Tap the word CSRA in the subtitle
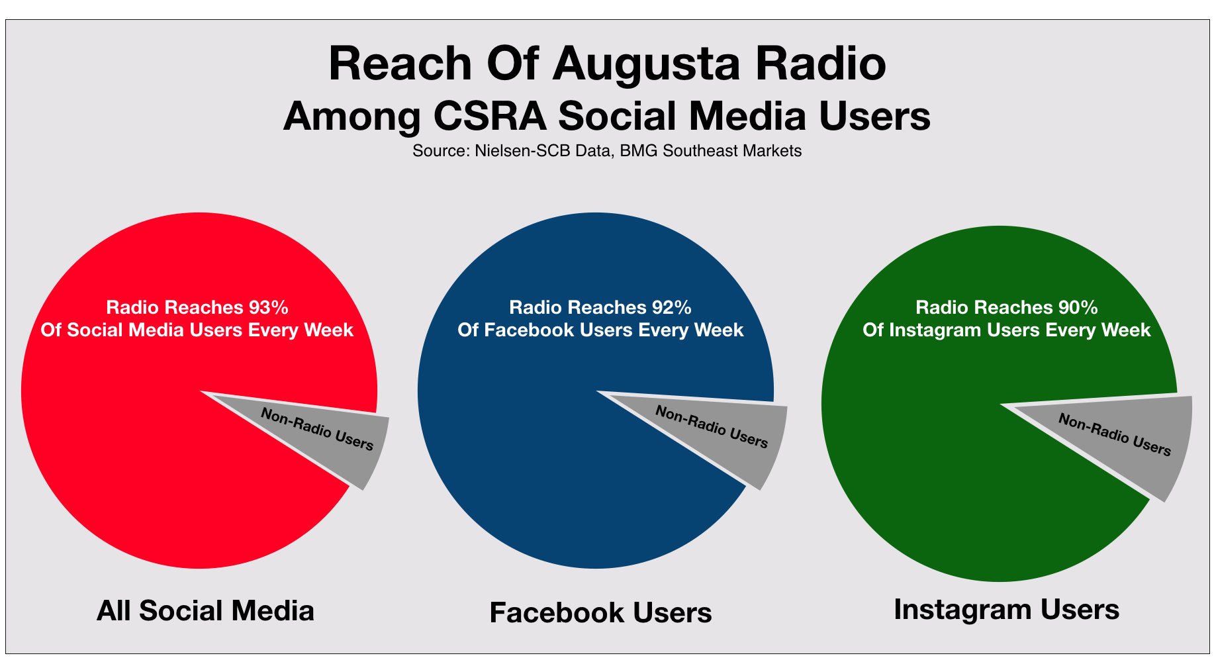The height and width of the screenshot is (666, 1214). pyautogui.click(x=490, y=117)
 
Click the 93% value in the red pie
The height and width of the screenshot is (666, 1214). pyautogui.click(x=268, y=307)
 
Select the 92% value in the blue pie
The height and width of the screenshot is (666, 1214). pyautogui.click(x=671, y=307)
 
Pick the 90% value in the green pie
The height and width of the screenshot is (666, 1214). pyautogui.click(x=1078, y=307)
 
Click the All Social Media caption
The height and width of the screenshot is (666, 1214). pyautogui.click(x=205, y=610)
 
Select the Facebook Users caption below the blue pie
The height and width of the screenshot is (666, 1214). pyautogui.click(x=600, y=612)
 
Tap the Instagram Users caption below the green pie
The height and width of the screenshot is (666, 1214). pyautogui.click(x=1006, y=609)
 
